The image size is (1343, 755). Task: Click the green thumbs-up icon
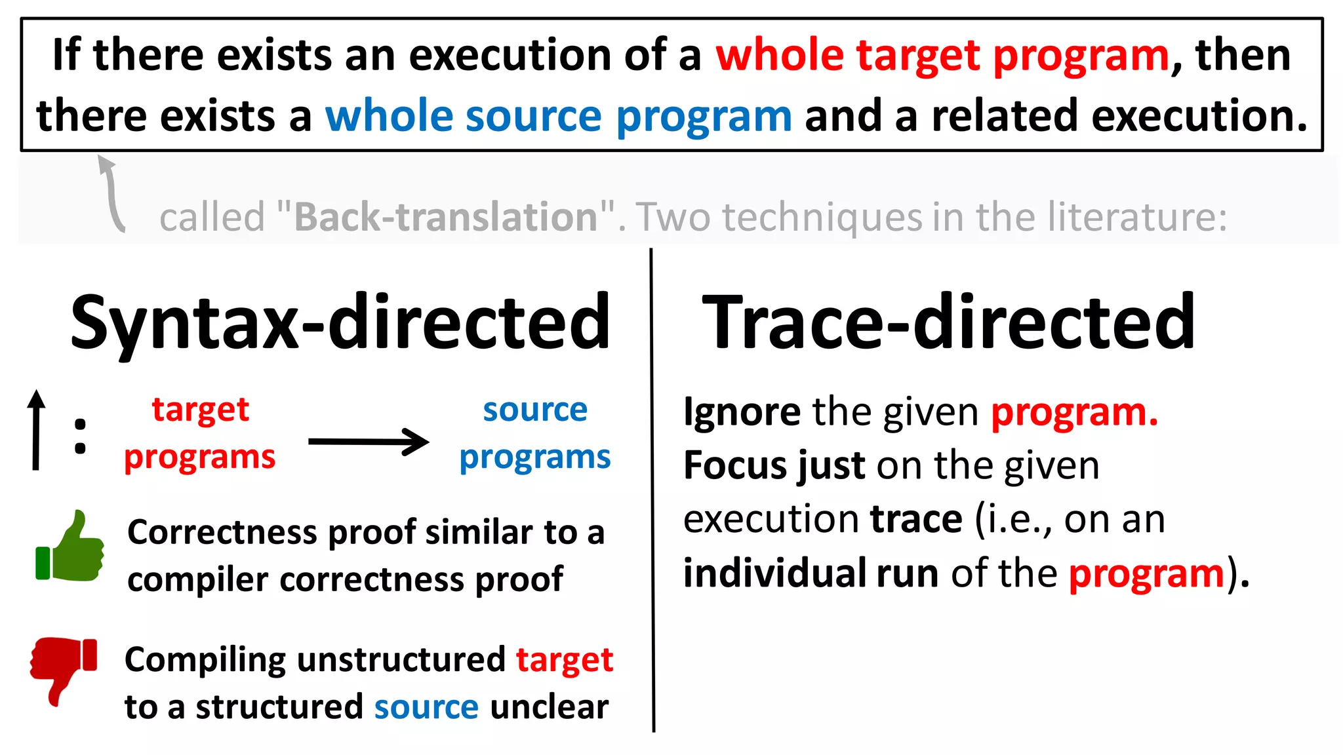(70, 547)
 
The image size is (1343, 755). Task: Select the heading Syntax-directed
(340, 322)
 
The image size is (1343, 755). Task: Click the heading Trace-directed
(948, 322)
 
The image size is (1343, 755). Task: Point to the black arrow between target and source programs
(369, 442)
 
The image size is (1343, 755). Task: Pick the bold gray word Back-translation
(446, 217)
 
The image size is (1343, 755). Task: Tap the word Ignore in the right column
(742, 412)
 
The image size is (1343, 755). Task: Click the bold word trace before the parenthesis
(916, 519)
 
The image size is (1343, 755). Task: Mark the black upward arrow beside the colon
(37, 430)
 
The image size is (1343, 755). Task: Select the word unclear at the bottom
(549, 707)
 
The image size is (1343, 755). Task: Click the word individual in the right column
(774, 573)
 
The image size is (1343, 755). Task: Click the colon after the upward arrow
(80, 436)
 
